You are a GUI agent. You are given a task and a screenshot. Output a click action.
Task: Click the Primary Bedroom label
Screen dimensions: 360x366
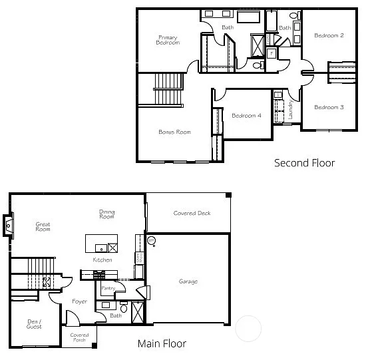click(168, 39)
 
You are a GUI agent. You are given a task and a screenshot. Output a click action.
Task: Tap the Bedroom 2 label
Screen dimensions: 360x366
click(329, 35)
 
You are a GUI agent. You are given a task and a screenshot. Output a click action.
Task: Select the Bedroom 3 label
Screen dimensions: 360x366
click(329, 107)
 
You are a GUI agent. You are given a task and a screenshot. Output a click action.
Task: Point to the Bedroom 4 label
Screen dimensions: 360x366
click(246, 116)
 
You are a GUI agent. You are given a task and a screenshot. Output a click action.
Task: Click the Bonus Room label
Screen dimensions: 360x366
click(174, 132)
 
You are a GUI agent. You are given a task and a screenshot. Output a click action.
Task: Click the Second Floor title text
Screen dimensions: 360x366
click(305, 162)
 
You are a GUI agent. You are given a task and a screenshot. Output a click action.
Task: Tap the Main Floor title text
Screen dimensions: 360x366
click(162, 344)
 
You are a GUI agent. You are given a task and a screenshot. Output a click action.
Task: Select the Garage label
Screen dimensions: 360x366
click(188, 281)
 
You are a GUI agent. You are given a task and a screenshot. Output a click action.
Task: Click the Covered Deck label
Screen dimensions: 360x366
click(192, 213)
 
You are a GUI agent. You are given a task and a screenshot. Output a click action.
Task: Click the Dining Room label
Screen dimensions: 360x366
click(106, 214)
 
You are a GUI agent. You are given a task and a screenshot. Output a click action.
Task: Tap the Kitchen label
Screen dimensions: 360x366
click(102, 260)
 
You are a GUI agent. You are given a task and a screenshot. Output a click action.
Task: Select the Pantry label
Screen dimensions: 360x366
click(108, 288)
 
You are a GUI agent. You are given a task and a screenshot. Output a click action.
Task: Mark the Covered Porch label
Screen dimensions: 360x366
click(80, 337)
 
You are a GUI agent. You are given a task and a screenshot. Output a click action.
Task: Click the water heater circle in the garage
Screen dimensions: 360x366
click(151, 240)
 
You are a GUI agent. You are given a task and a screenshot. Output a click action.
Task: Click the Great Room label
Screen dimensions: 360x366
click(43, 227)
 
